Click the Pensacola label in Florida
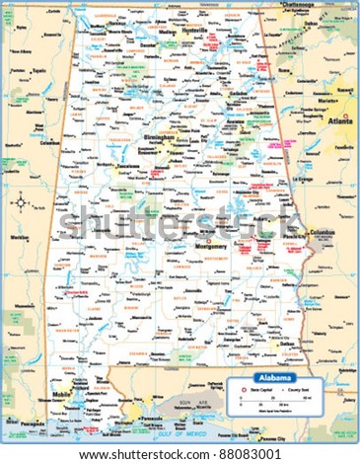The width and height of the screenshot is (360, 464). click(x=152, y=406)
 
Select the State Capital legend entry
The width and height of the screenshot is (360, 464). click(x=255, y=391)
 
